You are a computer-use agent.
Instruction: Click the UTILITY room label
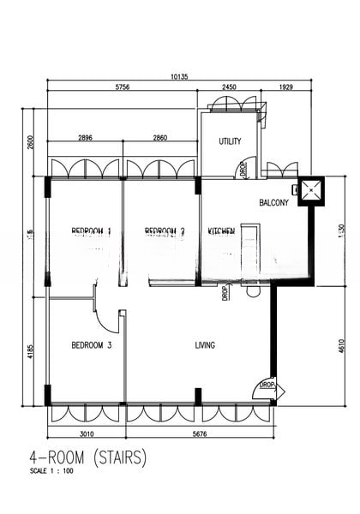coord(230,141)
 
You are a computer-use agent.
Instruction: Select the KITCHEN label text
coord(222,231)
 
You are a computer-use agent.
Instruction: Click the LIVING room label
coord(205,345)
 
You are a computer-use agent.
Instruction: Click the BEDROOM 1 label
coord(92,231)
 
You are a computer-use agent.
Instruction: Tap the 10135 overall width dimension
coord(179,76)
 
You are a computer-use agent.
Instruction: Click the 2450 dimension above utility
coord(229,87)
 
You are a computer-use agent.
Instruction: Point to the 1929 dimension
coord(285,87)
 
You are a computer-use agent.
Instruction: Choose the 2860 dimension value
coord(160,137)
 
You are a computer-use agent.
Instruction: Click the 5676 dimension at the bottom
coord(199,433)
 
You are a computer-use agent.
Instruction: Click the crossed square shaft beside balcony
coord(309,191)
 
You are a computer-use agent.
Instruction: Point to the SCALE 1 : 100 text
coord(51,471)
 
